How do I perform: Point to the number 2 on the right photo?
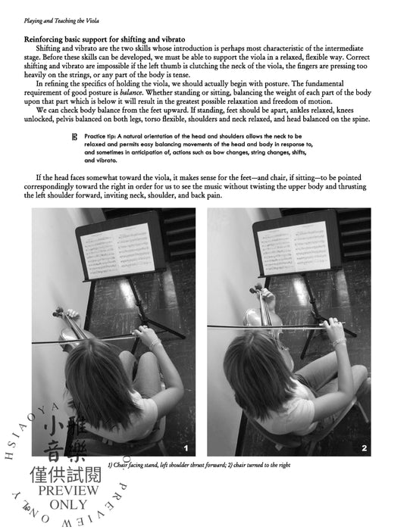point(364,448)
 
